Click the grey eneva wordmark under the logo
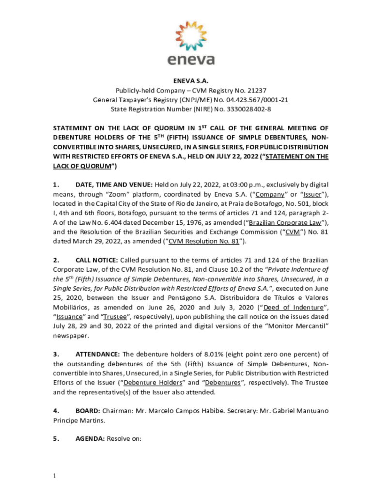[191, 61]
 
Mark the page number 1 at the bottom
[55, 476]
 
